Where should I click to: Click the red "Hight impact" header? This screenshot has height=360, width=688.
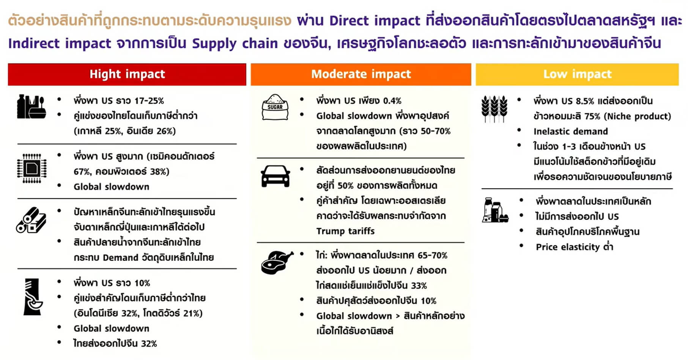pos(127,74)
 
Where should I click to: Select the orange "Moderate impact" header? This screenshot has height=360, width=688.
pos(361,74)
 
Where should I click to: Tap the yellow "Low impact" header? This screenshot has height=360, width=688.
pos(577,74)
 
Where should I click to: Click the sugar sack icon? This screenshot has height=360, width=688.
pos(275,108)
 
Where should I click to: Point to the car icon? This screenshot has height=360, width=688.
pos(276,176)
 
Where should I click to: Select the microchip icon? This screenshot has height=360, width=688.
pos(32,168)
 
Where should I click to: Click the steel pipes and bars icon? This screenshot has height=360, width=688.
pos(31,220)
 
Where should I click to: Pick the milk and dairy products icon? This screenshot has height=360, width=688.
pos(495,210)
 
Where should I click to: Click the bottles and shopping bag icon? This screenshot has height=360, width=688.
pos(31,107)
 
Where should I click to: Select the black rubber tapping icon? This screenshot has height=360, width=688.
pos(33,297)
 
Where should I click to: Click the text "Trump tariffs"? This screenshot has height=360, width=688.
pos(345,231)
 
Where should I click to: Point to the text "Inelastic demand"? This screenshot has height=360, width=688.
pos(570,131)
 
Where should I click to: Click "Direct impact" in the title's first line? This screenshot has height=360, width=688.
pos(375,21)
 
